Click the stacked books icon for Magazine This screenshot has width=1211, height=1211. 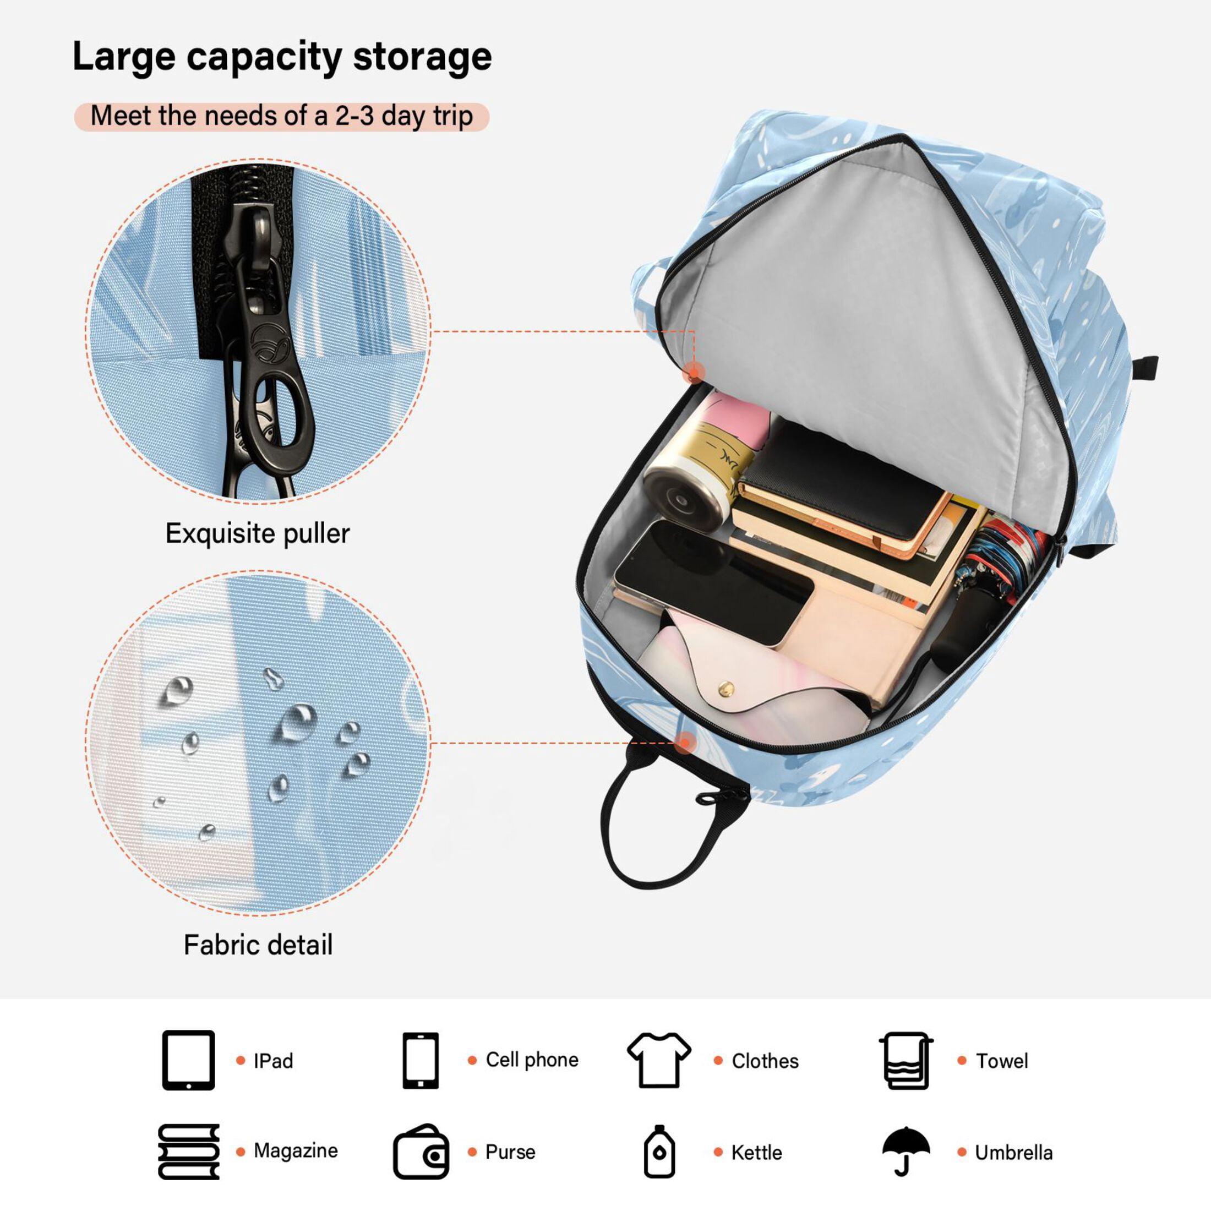(x=189, y=1152)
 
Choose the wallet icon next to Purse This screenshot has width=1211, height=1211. (x=421, y=1152)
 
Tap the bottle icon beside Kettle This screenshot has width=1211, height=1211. (x=659, y=1152)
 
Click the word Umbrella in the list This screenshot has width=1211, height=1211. (x=1013, y=1153)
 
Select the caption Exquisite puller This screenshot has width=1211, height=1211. (x=257, y=534)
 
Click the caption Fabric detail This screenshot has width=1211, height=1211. (x=258, y=945)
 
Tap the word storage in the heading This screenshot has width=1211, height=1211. (x=422, y=58)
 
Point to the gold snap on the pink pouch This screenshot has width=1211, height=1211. (x=727, y=689)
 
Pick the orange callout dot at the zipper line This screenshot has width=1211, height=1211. (x=695, y=374)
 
